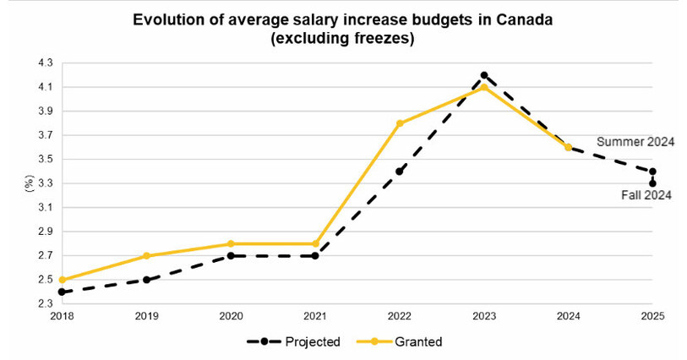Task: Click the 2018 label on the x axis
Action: [x=63, y=318]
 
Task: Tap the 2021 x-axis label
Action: [x=315, y=318]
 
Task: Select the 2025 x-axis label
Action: [x=652, y=318]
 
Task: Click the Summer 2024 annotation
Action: [x=635, y=141]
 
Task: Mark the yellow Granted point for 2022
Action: [x=400, y=123]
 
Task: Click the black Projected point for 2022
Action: [x=400, y=172]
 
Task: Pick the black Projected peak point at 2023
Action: [x=484, y=75]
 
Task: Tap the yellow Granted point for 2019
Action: [x=147, y=256]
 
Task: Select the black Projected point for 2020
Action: [x=232, y=256]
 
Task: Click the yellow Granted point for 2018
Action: [x=63, y=280]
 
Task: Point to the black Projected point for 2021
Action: [x=315, y=256]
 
